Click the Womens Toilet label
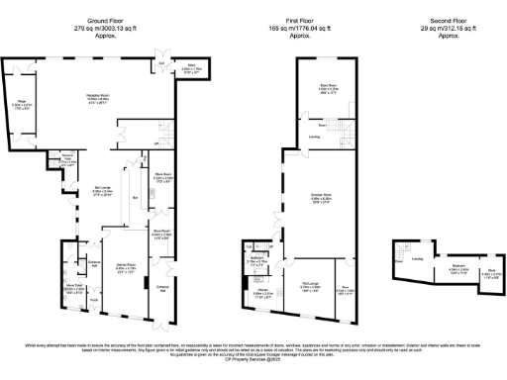(x=68, y=157)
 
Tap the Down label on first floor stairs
(x=323, y=126)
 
